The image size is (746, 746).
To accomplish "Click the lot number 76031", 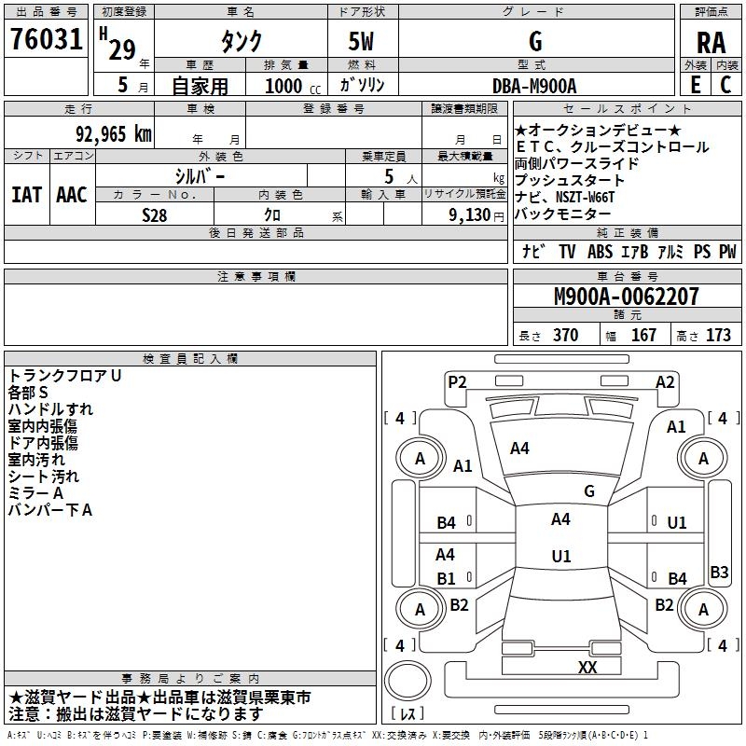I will [x=46, y=41].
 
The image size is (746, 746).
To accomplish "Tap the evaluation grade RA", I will [x=711, y=42].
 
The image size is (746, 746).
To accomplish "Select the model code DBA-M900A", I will [x=534, y=85].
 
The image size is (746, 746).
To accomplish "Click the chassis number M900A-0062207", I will [x=626, y=297].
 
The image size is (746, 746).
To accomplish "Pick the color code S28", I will [x=155, y=214].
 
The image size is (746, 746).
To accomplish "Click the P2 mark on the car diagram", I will [x=457, y=380].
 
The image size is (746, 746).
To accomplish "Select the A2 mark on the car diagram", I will [x=665, y=380].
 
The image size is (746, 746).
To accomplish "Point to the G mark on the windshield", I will [x=588, y=490].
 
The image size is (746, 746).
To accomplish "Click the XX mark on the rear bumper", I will [x=587, y=667].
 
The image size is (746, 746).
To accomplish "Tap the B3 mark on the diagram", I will [x=719, y=573].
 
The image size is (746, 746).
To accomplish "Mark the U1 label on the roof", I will [x=560, y=556].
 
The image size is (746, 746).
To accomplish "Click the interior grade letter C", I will [x=725, y=85].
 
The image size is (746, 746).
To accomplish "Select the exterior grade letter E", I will [x=695, y=85].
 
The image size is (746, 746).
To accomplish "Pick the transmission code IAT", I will [x=26, y=195].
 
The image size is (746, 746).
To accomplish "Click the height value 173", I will [x=719, y=336].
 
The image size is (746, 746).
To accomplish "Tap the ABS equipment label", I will [x=600, y=251].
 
